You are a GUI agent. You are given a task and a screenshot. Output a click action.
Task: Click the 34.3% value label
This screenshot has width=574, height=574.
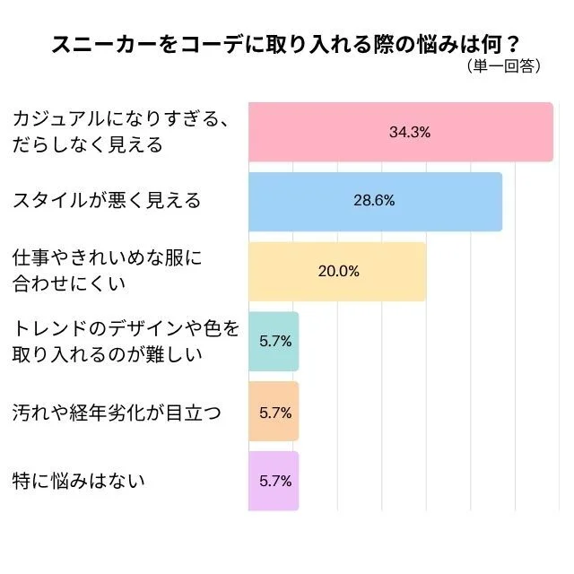[410, 132]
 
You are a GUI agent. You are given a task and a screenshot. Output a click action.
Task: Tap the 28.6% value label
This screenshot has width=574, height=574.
[374, 201]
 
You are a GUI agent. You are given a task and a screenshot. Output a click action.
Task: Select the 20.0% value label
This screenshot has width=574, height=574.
[338, 271]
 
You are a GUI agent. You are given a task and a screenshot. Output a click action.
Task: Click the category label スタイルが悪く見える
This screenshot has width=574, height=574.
[107, 201]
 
